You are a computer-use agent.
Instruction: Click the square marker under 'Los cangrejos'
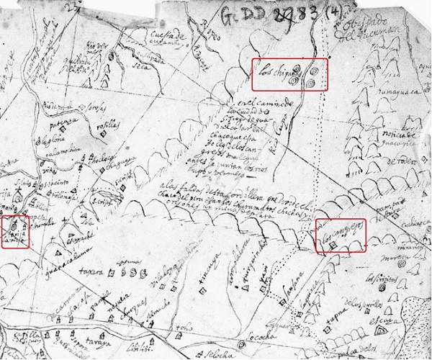point(332,246)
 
